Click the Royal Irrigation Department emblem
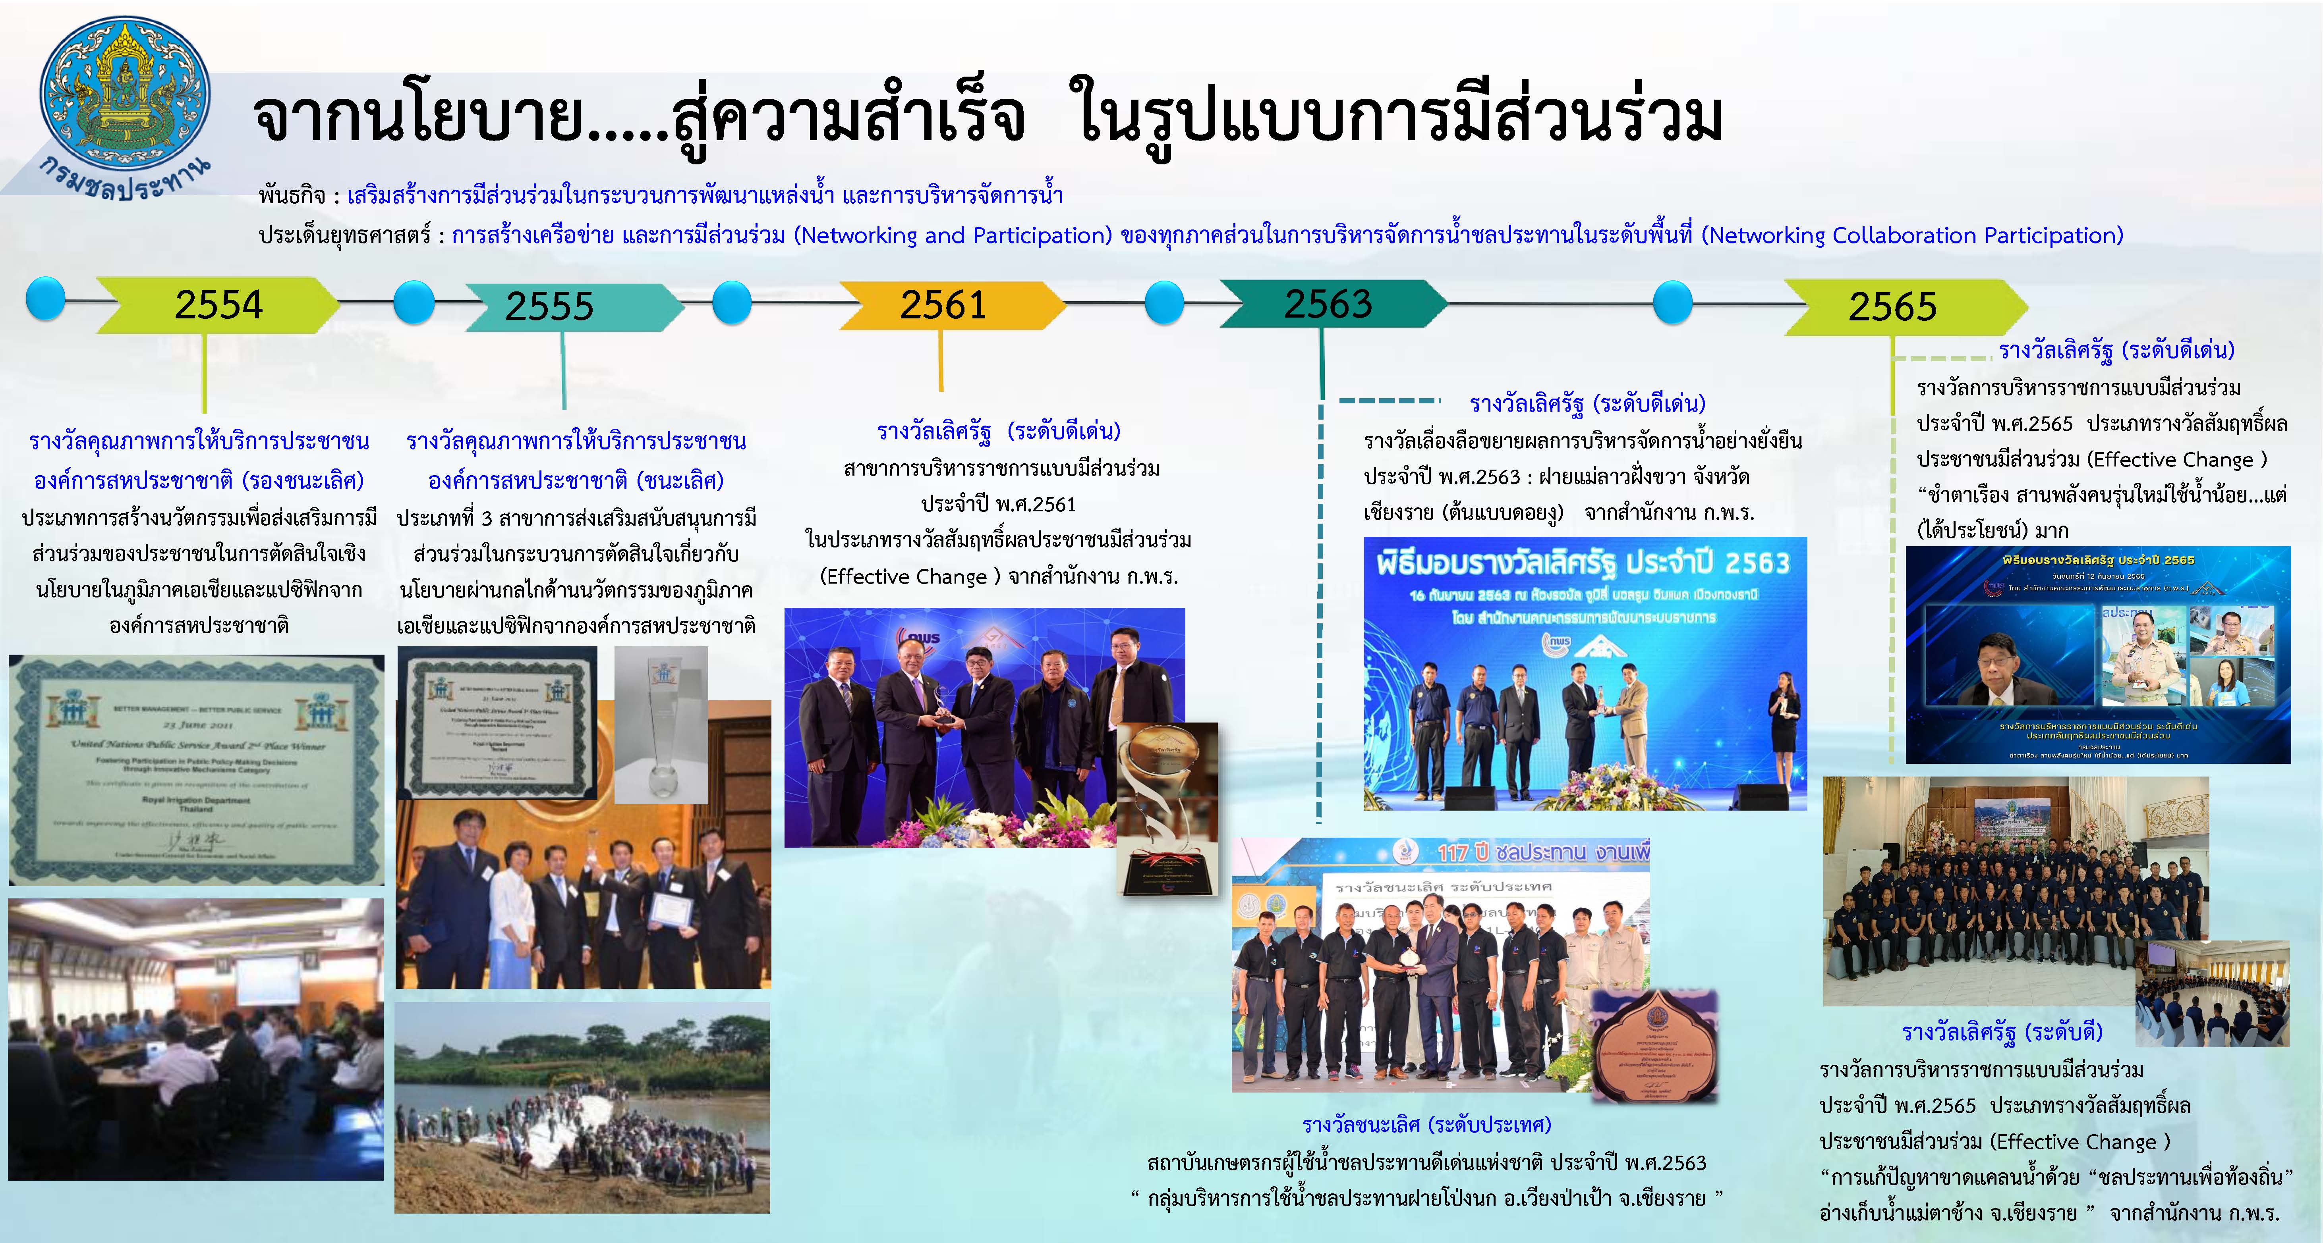click(124, 94)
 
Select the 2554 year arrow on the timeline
click(219, 304)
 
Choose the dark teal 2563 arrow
click(1328, 304)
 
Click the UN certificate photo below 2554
click(197, 769)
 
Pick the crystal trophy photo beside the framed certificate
click(661, 726)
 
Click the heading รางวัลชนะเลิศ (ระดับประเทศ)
click(1426, 1125)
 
